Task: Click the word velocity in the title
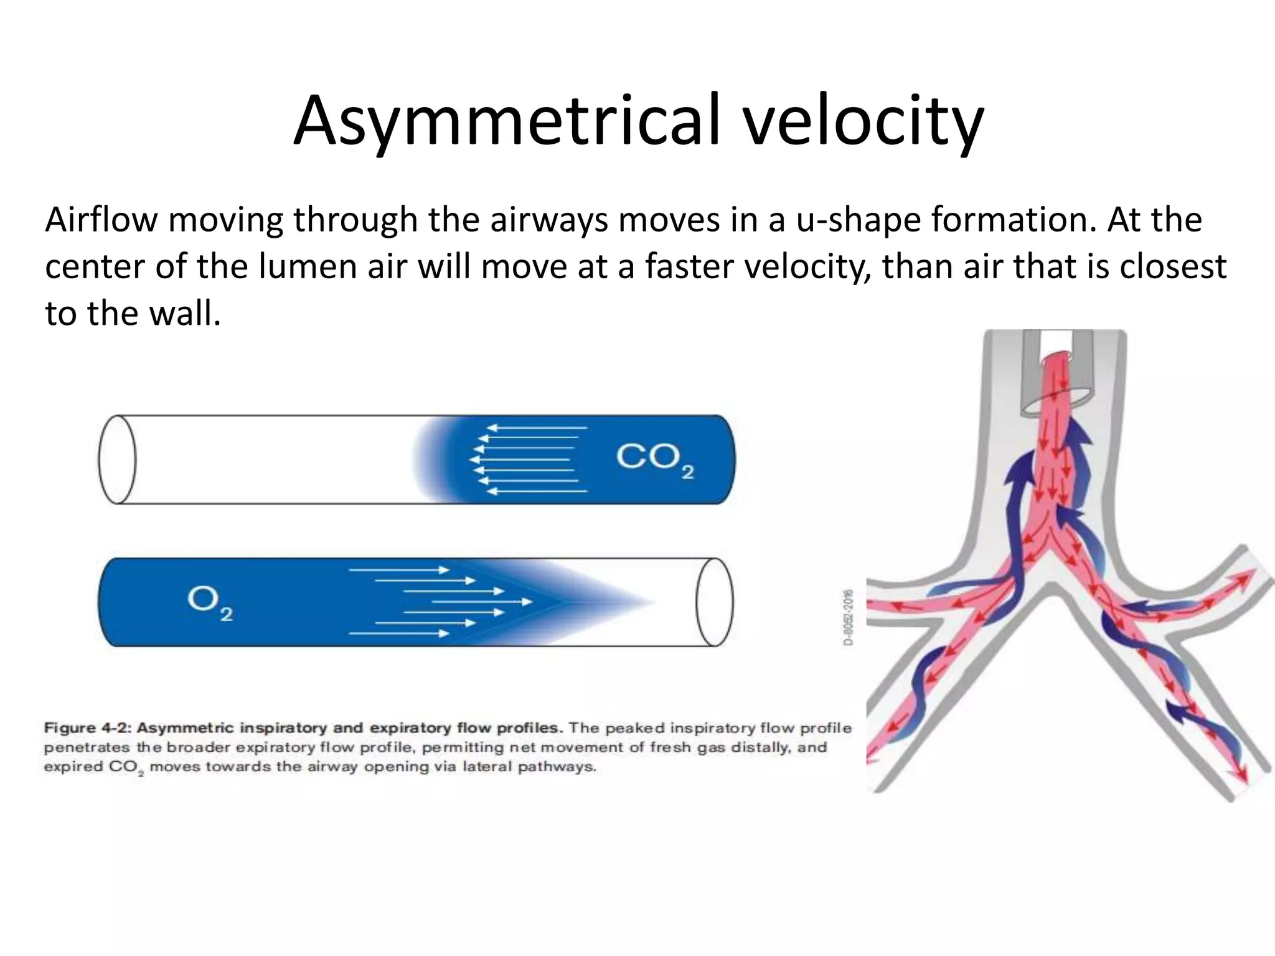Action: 862,121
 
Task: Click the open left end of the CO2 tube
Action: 117,459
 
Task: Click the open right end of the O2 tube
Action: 714,602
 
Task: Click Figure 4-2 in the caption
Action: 87,728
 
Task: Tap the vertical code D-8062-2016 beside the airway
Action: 849,617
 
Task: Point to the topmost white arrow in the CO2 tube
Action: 536,428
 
